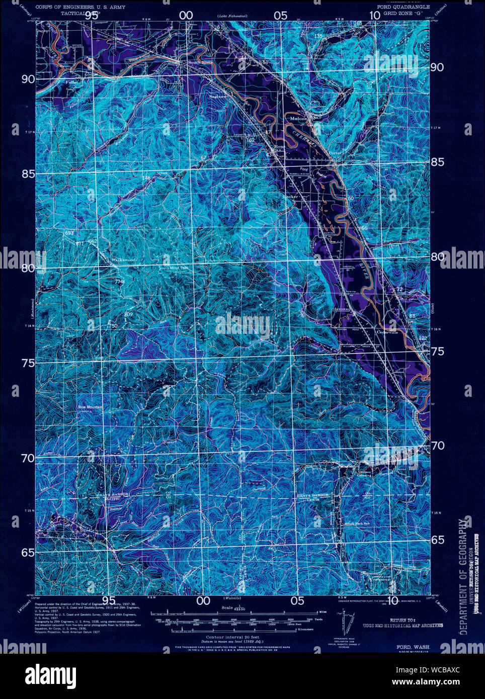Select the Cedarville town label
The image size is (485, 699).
point(387,332)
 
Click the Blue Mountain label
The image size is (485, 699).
point(90,407)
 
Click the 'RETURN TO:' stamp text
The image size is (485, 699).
point(402,621)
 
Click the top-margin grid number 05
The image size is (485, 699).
point(281,15)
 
